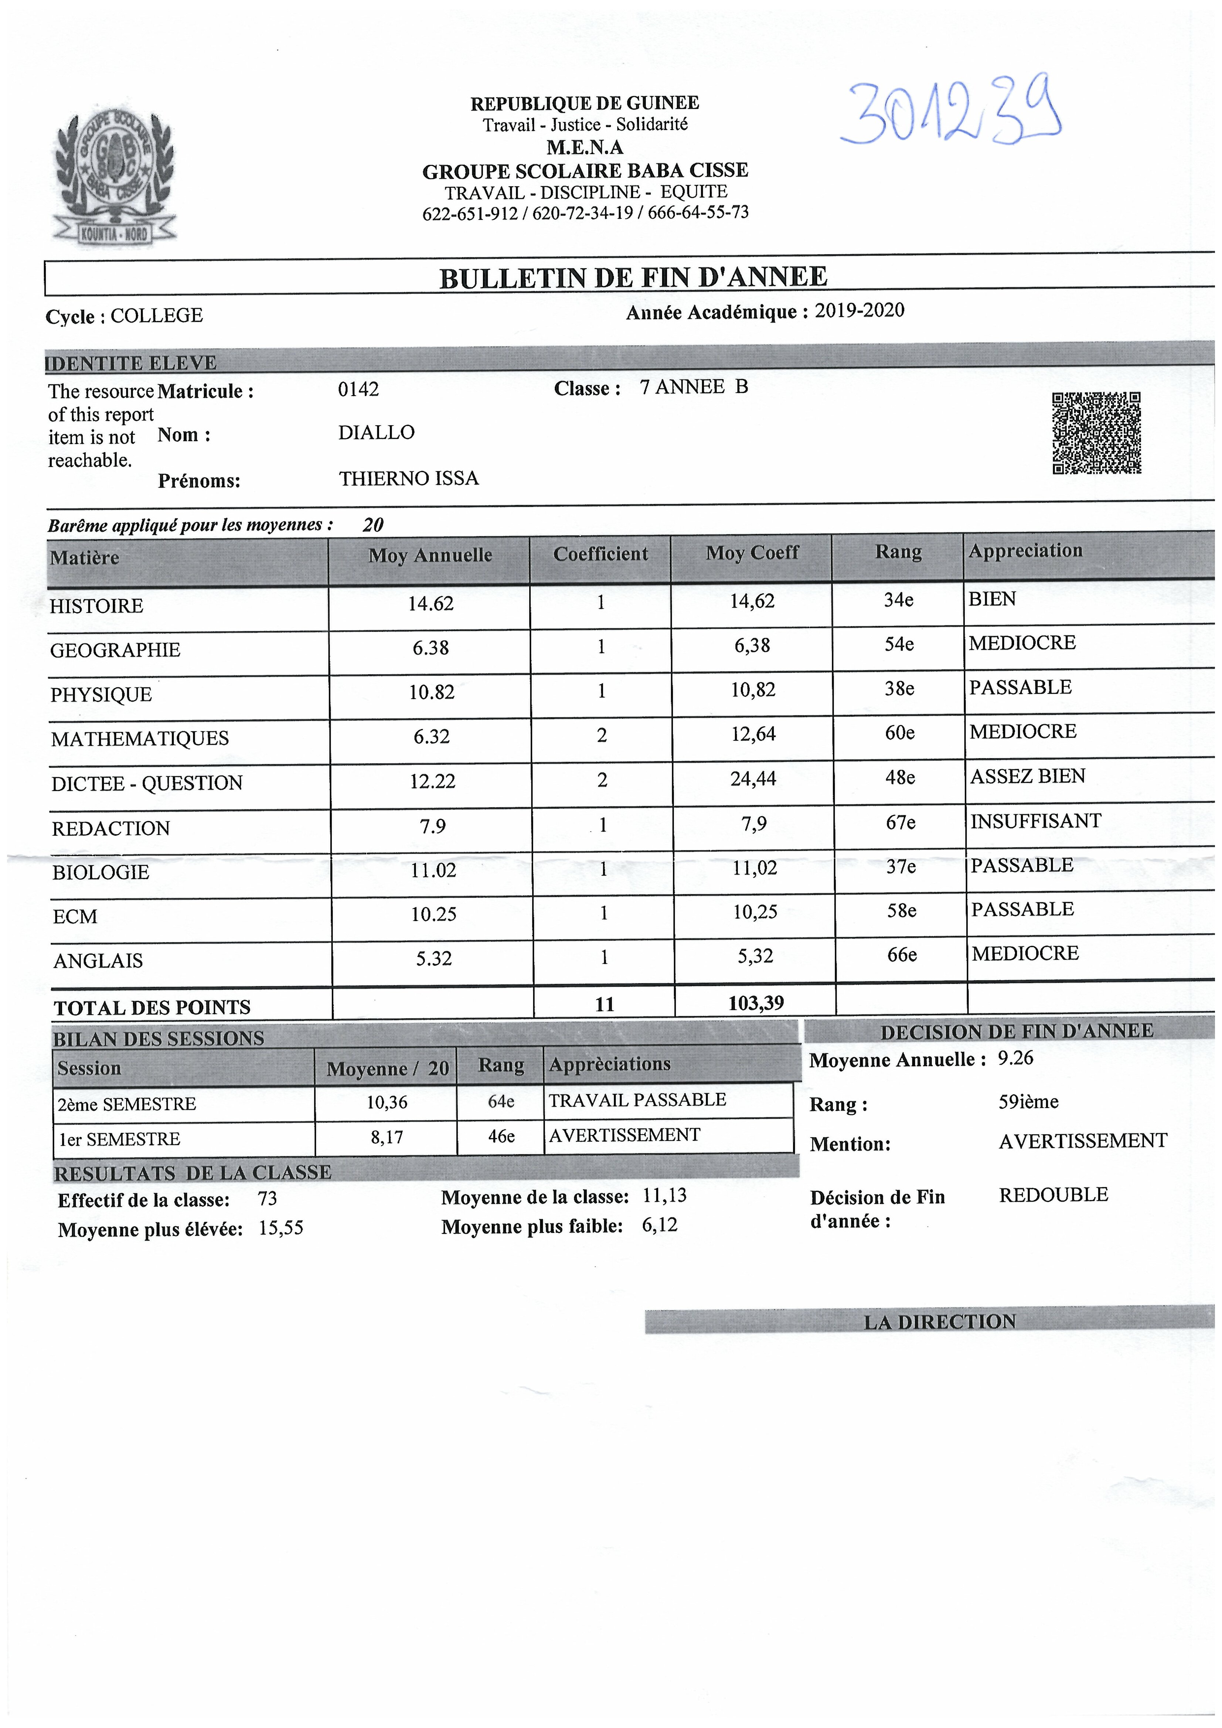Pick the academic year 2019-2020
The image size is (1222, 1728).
(859, 310)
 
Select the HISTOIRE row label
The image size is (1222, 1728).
(96, 606)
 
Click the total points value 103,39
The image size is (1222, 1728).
(756, 1002)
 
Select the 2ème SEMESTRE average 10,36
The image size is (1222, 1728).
(387, 1102)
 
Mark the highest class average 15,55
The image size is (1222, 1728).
(281, 1228)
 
